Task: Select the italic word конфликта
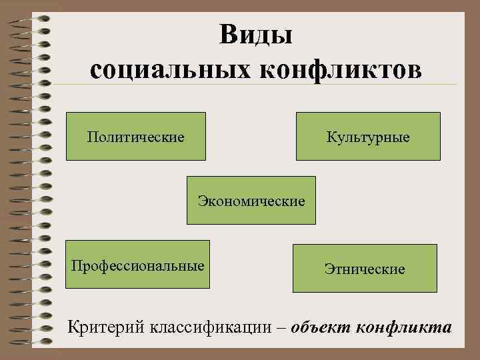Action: coord(404,328)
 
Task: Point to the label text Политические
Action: coord(136,137)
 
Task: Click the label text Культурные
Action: coord(368,137)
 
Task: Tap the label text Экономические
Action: coord(251,201)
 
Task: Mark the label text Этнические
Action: coord(365,269)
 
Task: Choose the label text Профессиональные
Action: coord(138,265)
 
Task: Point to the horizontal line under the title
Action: coord(267,84)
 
